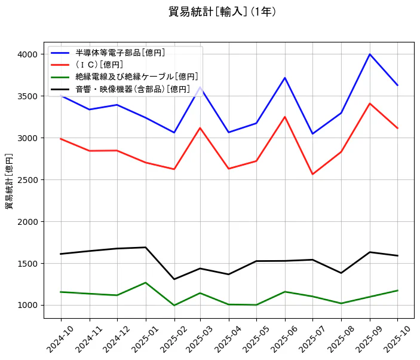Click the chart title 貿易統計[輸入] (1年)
(x=222, y=12)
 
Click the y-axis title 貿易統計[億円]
(x=9, y=181)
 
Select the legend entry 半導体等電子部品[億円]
(x=120, y=53)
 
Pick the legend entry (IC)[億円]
(x=99, y=65)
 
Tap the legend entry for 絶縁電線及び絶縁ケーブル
(x=136, y=77)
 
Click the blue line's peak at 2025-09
(x=370, y=54)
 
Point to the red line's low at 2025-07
(x=313, y=174)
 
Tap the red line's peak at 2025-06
(x=285, y=117)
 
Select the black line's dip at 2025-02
(x=174, y=279)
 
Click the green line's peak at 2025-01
(x=146, y=282)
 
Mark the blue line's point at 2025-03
(x=200, y=87)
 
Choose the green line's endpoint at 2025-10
(x=398, y=291)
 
